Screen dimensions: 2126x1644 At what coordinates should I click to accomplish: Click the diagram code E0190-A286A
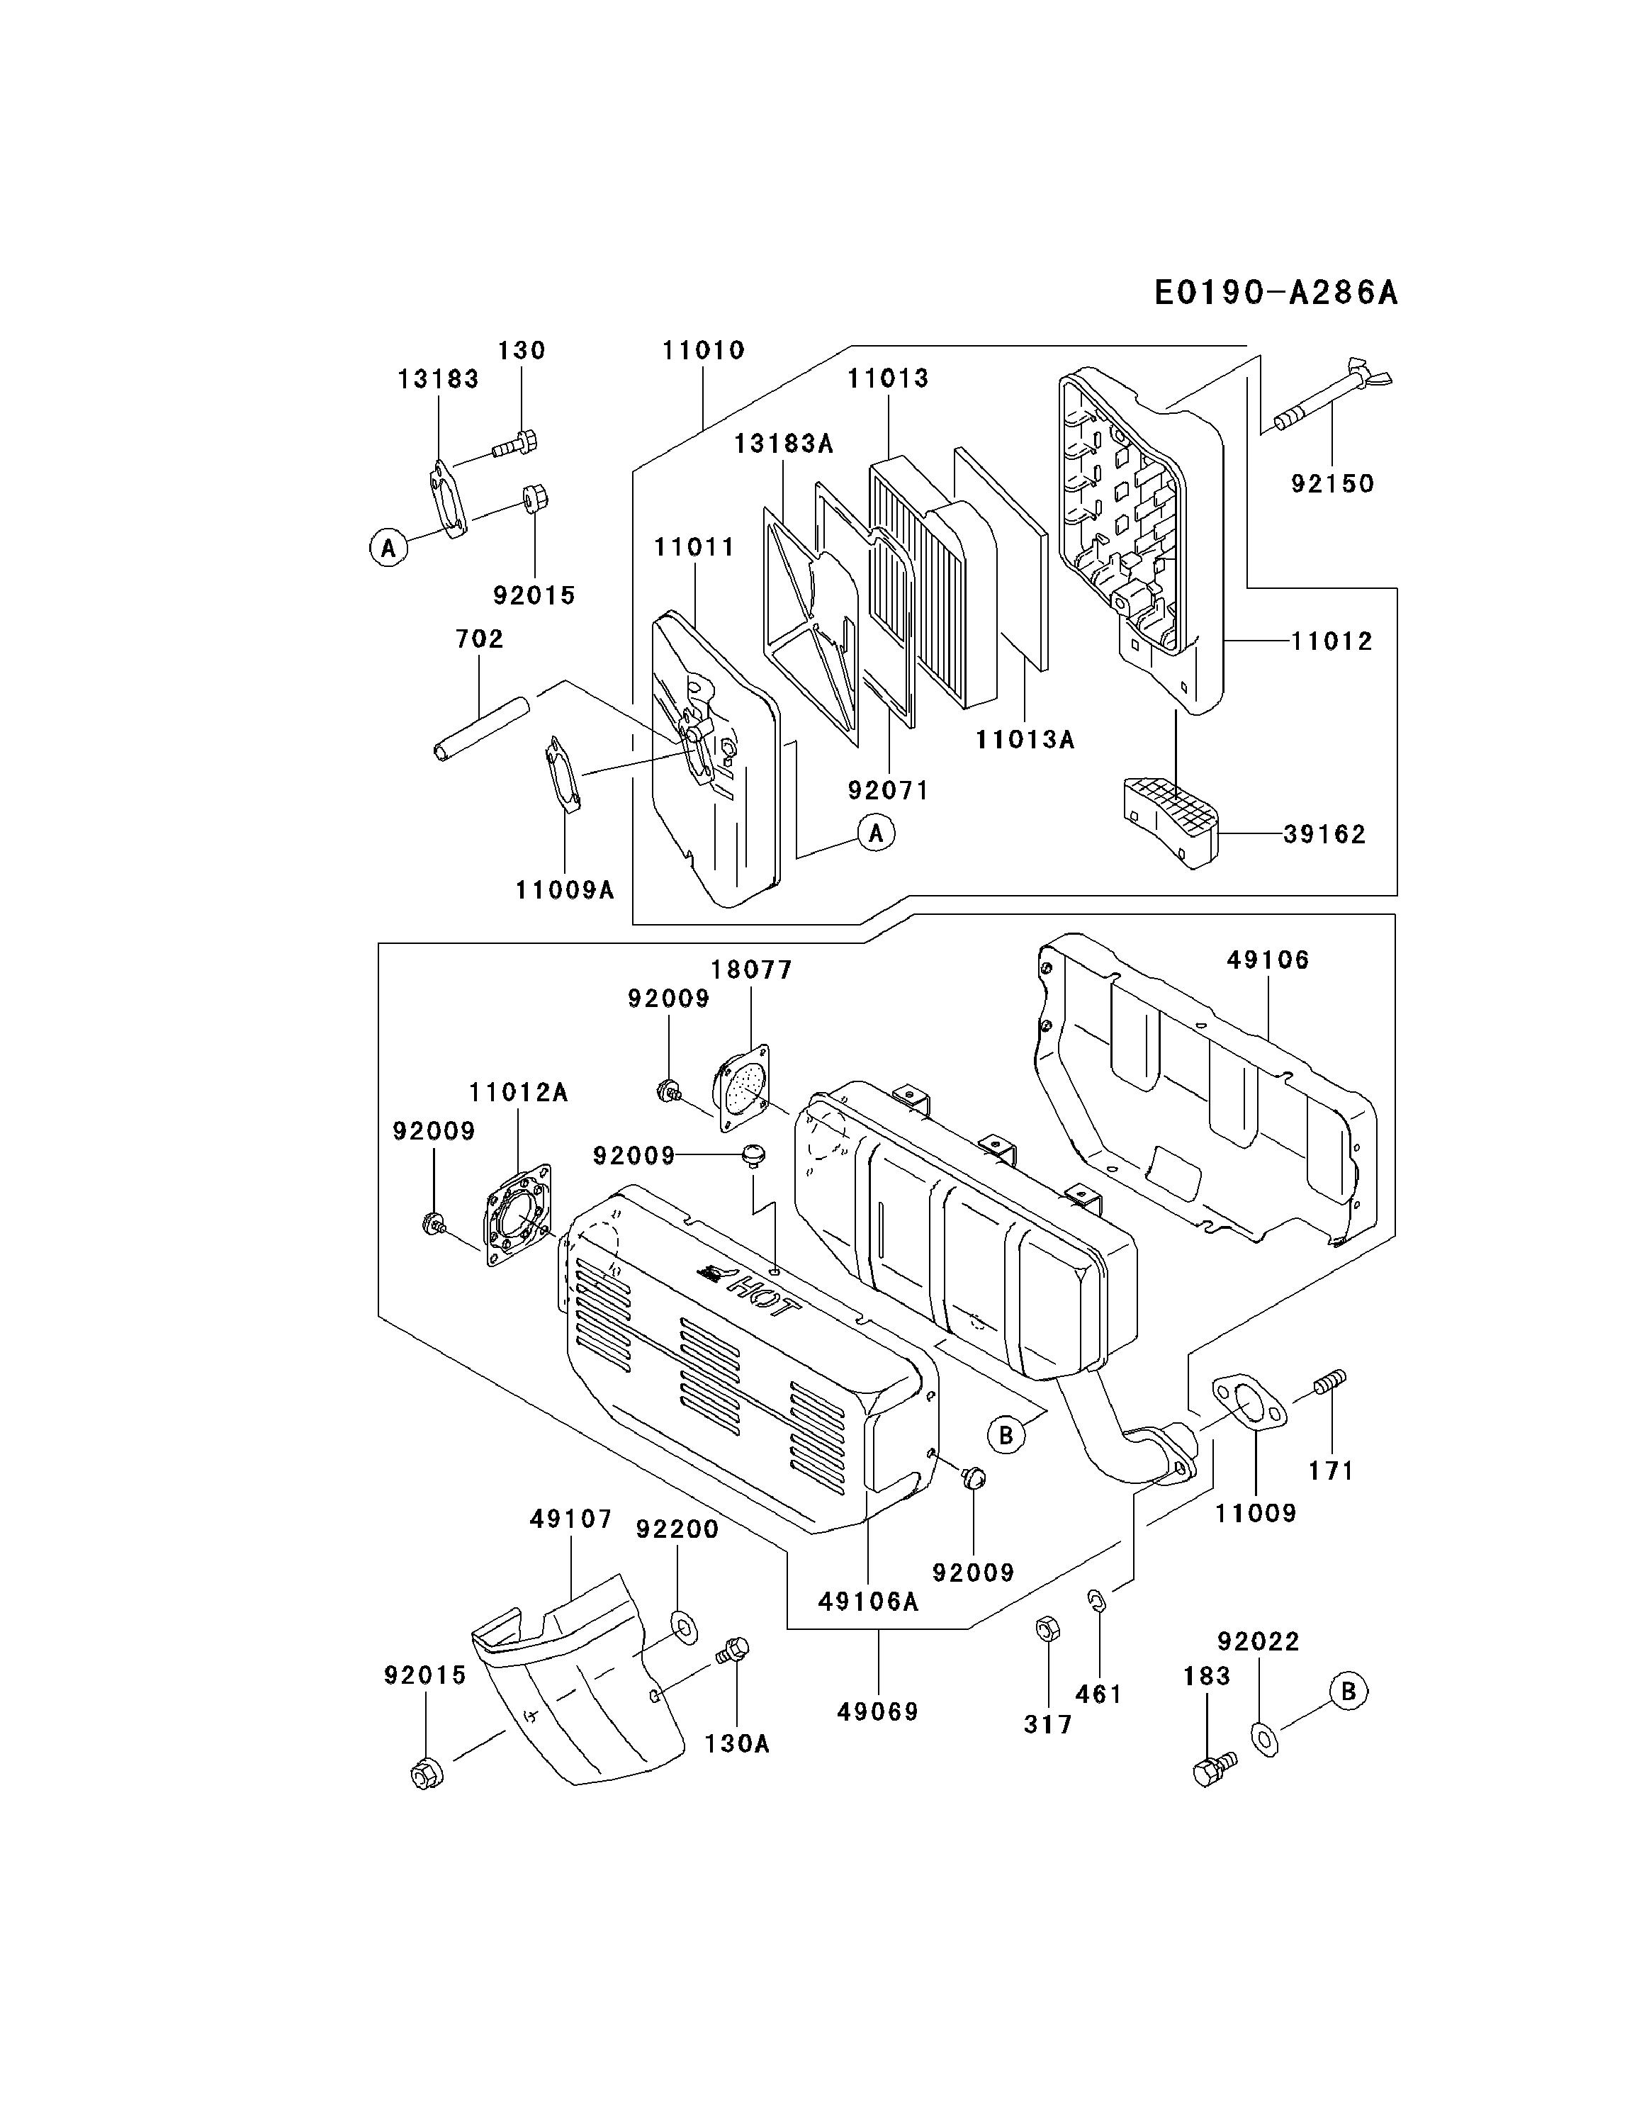(x=1275, y=292)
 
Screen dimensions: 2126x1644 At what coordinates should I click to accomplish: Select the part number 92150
(x=1331, y=484)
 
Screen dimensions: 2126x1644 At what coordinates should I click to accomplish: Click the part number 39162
(x=1324, y=834)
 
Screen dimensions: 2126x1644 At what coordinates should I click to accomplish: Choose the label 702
(x=479, y=639)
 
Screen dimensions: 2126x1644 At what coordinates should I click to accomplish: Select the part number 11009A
(x=565, y=889)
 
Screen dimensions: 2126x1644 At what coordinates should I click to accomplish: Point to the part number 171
(x=1331, y=1471)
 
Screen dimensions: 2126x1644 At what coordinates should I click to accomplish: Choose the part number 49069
(x=877, y=1711)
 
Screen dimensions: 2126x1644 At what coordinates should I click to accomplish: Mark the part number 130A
(x=737, y=1743)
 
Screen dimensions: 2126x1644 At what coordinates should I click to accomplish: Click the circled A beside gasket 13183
(x=388, y=548)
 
